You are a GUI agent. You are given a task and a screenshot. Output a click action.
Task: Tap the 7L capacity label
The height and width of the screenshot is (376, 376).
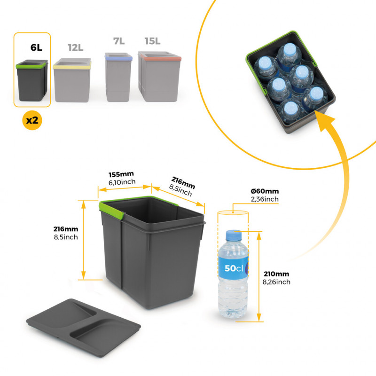[118, 41]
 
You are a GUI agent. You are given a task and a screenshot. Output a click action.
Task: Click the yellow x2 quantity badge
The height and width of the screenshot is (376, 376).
[32, 120]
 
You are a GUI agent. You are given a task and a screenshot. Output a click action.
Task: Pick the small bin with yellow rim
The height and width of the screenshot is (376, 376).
[72, 80]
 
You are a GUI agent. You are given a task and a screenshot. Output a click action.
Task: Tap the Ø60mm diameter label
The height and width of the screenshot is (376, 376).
[265, 191]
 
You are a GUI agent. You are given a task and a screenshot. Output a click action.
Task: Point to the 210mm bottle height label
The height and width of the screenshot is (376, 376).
[277, 274]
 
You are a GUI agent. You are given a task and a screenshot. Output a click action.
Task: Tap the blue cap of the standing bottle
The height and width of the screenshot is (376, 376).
[233, 234]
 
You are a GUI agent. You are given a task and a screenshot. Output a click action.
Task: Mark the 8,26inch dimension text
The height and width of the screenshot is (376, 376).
[277, 282]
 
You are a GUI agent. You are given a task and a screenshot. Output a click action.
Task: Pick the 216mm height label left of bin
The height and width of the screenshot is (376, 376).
[66, 229]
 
